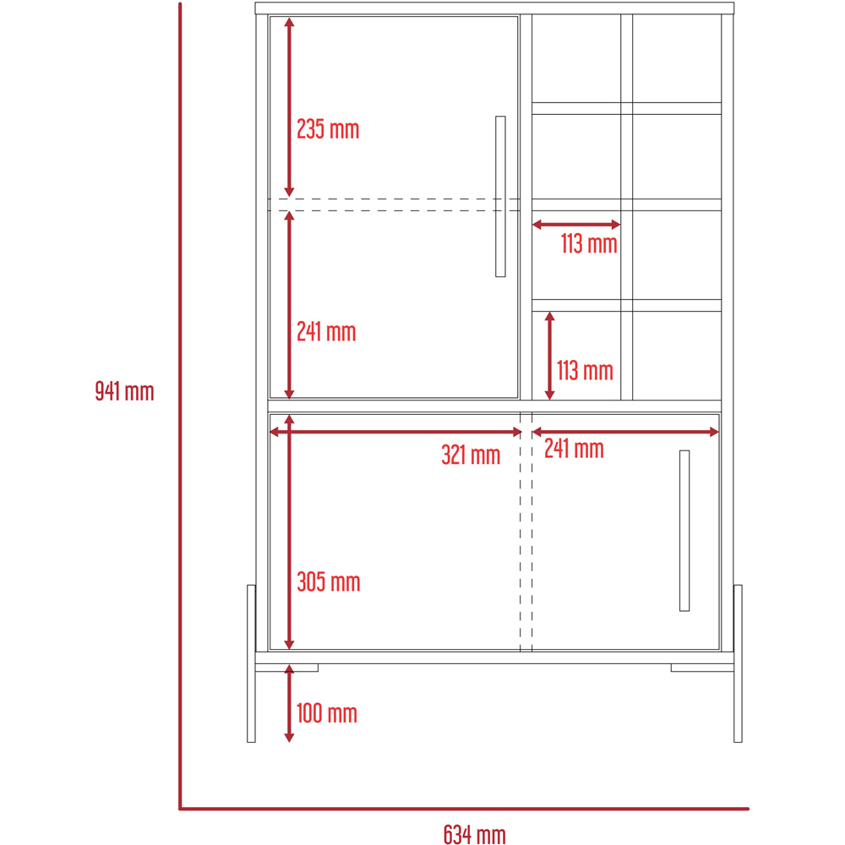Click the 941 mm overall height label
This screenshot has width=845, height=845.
pyautogui.click(x=124, y=391)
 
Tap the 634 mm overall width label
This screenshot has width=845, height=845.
pyautogui.click(x=475, y=834)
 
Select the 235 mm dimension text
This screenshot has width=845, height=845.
pyautogui.click(x=328, y=129)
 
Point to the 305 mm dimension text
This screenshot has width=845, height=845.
pyautogui.click(x=328, y=582)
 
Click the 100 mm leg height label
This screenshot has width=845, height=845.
pyautogui.click(x=326, y=713)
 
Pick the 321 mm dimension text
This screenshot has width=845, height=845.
pyautogui.click(x=471, y=455)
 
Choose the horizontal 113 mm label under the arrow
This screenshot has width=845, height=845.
pyautogui.click(x=589, y=243)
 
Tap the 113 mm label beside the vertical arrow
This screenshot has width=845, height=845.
pyautogui.click(x=585, y=371)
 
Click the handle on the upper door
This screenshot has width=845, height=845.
pyautogui.click(x=500, y=197)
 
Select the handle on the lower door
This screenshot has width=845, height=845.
pyautogui.click(x=684, y=531)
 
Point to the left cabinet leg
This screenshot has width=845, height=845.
pyautogui.click(x=251, y=663)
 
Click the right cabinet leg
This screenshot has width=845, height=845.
pyautogui.click(x=738, y=663)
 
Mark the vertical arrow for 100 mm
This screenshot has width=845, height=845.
pyautogui.click(x=289, y=703)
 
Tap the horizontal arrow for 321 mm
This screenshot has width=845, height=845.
pyautogui.click(x=395, y=432)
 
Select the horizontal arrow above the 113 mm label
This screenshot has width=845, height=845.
pyautogui.click(x=576, y=224)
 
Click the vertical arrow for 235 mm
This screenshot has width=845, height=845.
pyautogui.click(x=289, y=107)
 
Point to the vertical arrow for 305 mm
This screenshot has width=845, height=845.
pyautogui.click(x=289, y=532)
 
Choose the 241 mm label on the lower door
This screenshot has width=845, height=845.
pyautogui.click(x=574, y=449)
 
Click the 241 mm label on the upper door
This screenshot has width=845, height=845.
pyautogui.click(x=326, y=332)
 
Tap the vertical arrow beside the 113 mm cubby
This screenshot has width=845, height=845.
pyautogui.click(x=550, y=356)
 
